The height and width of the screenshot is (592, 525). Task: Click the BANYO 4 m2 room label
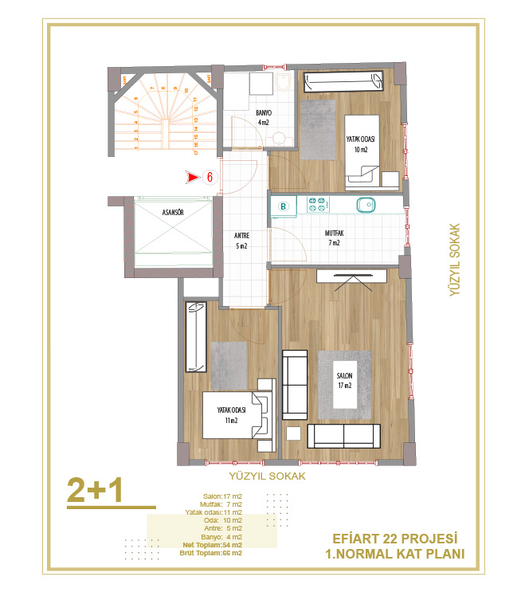pos(264,118)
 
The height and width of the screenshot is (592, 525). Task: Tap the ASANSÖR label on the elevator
pos(174,214)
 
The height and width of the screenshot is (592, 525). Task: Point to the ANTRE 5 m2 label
pos(241,241)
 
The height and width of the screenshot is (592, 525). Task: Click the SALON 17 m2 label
pos(344,382)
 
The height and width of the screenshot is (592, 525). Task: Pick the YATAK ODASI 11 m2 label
pos(231,415)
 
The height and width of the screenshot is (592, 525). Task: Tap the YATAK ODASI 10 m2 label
pos(361,144)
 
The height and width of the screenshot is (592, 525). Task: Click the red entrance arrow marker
pos(193,178)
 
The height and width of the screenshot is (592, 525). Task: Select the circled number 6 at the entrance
pos(210,178)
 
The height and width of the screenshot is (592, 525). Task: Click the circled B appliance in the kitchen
pos(283,206)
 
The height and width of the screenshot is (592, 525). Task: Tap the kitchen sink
pos(366,206)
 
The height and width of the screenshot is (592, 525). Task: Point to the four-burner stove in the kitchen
pos(317,206)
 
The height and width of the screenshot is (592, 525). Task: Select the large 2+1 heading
pos(95,491)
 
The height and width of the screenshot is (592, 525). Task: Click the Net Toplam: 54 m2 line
pos(210,545)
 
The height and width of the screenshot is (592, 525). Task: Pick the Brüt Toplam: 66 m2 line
pos(210,553)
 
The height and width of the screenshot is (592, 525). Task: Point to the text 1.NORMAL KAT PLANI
pos(395,555)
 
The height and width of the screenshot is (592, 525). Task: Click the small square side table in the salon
pos(293,434)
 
